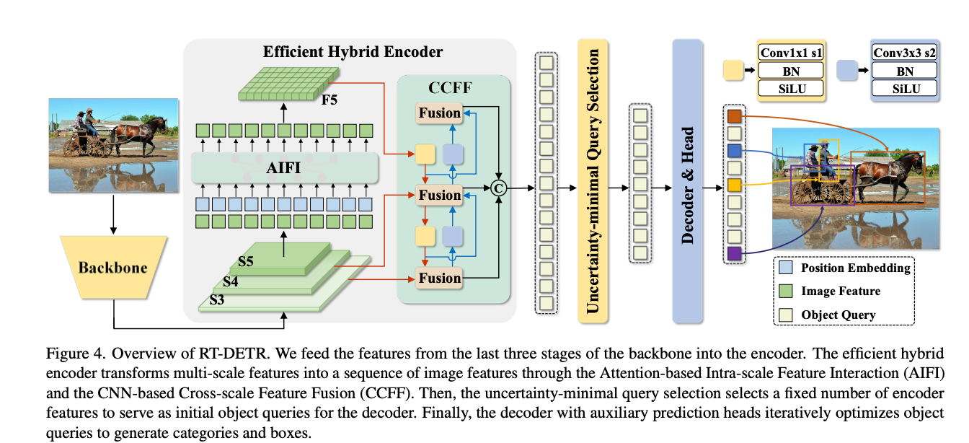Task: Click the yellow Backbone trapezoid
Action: click(112, 268)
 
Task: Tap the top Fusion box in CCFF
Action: click(439, 113)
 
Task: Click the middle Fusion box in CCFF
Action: click(439, 195)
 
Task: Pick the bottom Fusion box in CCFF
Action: click(439, 278)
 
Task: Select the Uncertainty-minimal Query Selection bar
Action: click(593, 180)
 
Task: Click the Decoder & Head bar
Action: click(687, 180)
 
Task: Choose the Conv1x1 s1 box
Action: click(791, 53)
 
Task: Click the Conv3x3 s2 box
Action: click(904, 53)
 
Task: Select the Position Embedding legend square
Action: click(787, 268)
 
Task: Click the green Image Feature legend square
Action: click(787, 291)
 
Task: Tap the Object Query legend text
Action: click(839, 314)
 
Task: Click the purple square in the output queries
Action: click(734, 253)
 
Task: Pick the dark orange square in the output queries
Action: click(734, 116)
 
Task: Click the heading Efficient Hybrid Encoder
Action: click(353, 52)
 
